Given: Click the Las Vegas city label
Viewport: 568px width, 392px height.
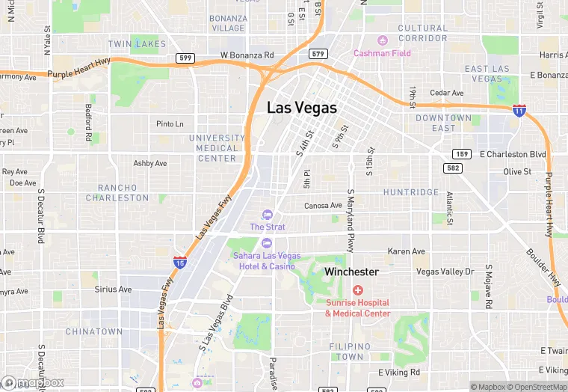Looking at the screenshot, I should click(x=302, y=108).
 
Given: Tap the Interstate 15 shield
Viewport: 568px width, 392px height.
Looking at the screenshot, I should click(x=180, y=262).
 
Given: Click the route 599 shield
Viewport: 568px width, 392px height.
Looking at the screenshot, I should click(x=185, y=58).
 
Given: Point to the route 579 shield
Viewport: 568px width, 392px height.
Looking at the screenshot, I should click(x=318, y=54).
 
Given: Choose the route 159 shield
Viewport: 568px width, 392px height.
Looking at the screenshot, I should click(x=462, y=154).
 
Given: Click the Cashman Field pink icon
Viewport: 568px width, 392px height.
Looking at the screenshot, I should click(x=383, y=40).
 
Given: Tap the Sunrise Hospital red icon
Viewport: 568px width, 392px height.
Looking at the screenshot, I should click(x=358, y=290).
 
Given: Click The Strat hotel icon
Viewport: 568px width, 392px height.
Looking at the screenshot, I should click(x=268, y=215).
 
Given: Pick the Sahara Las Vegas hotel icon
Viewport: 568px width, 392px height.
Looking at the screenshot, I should click(x=267, y=242).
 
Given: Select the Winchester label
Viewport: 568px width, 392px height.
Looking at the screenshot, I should click(x=351, y=272).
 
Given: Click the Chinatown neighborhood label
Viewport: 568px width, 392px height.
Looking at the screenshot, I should click(x=94, y=331).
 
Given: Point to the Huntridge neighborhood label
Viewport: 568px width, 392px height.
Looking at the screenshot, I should click(x=411, y=192).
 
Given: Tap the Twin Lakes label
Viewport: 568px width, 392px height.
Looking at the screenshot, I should click(x=137, y=45).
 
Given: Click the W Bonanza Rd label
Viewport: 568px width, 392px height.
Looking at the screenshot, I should click(x=247, y=55).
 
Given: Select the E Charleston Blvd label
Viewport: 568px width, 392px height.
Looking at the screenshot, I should click(x=513, y=154).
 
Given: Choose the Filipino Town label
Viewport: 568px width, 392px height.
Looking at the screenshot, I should click(x=351, y=352).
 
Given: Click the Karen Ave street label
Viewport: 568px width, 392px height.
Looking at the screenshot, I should click(x=407, y=251).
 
